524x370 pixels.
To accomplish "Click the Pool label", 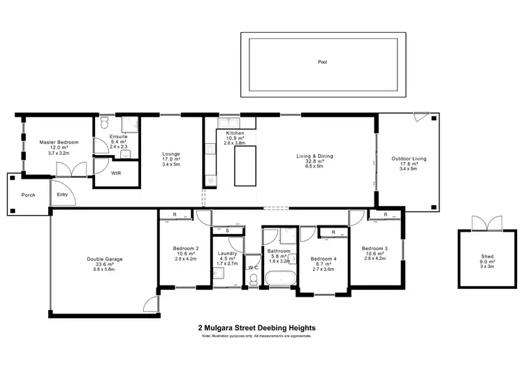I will click(322, 62).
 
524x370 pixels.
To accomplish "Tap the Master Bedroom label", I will click(59, 142).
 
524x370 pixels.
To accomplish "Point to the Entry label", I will click(63, 195).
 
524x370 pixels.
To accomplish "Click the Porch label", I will click(28, 195).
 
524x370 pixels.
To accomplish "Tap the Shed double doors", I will click(481, 223).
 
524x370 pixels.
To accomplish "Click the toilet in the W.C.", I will click(253, 279).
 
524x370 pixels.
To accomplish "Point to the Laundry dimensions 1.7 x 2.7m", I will click(227, 264).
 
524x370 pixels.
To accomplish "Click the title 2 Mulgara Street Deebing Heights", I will click(257, 327).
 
